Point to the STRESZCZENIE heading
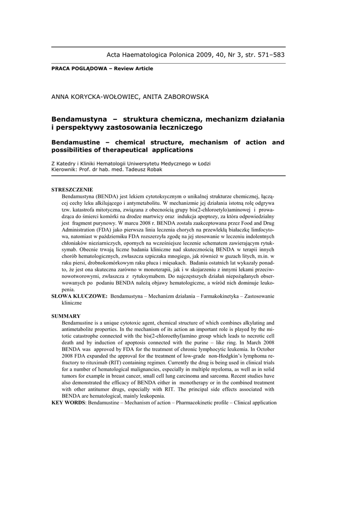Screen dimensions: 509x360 [x=72, y=190]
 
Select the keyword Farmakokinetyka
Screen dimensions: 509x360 [x=209, y=296]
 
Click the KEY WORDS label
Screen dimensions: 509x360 [x=69, y=402]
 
